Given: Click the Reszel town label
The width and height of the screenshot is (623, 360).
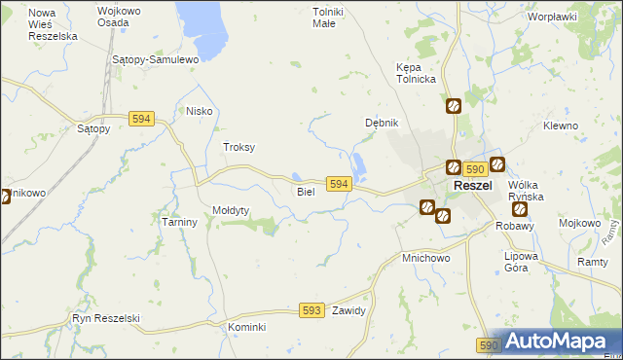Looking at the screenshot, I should tap(472, 186).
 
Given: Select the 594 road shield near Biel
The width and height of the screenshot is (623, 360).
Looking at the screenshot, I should tap(339, 184).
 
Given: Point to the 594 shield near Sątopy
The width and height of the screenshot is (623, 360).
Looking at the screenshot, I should tap(141, 118).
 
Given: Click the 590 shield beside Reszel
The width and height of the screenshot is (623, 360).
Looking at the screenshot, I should tap(474, 168).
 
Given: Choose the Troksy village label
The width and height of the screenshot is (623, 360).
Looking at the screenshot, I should tap(239, 147).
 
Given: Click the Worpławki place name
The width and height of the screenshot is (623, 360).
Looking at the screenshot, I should tap(552, 17).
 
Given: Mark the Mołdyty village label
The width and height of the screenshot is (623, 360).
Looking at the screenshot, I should tap(232, 210).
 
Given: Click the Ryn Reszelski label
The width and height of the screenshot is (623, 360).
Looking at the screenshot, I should tap(107, 318).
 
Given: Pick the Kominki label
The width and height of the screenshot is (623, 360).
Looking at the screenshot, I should tap(246, 327).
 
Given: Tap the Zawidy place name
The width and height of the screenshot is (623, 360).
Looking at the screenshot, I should tap(348, 311).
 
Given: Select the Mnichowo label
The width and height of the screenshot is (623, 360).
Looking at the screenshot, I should tap(425, 259).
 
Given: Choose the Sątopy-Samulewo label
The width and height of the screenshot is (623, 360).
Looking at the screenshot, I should tap(156, 59).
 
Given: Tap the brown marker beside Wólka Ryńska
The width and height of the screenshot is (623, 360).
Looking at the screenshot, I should tap(519, 208).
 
